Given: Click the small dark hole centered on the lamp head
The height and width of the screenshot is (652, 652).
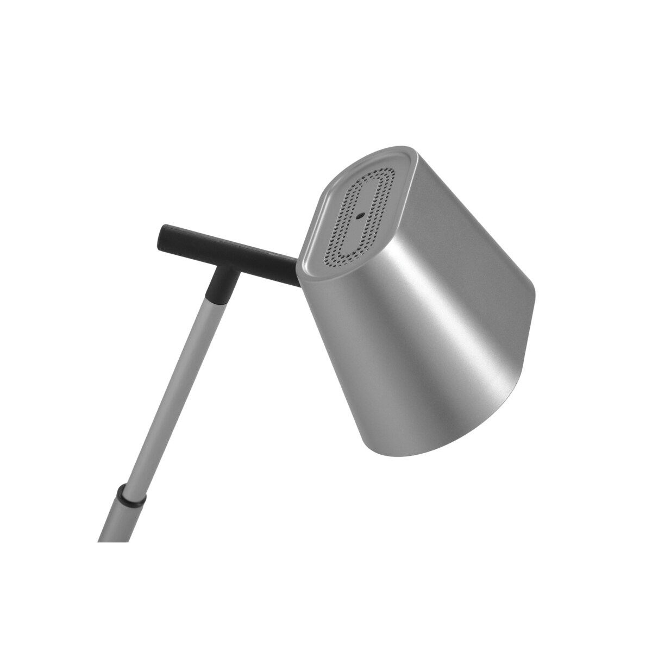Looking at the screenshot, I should pyautogui.click(x=359, y=214).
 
